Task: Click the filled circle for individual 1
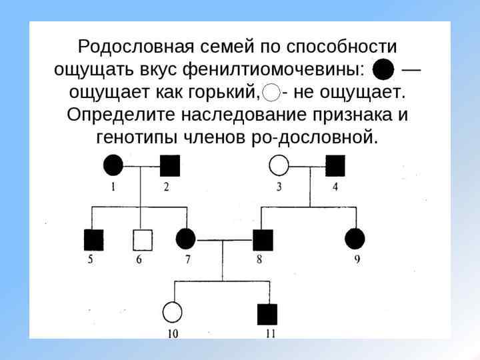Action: click(113, 165)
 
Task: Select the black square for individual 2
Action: click(170, 165)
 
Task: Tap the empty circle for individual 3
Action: click(279, 165)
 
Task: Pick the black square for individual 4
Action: click(335, 165)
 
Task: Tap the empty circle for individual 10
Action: click(173, 312)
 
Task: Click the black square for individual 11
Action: click(267, 313)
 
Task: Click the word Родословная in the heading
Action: click(132, 47)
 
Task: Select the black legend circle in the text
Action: click(383, 69)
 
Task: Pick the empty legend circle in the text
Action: click(272, 91)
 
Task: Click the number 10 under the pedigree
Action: click(172, 334)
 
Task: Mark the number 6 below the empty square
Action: click(139, 260)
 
